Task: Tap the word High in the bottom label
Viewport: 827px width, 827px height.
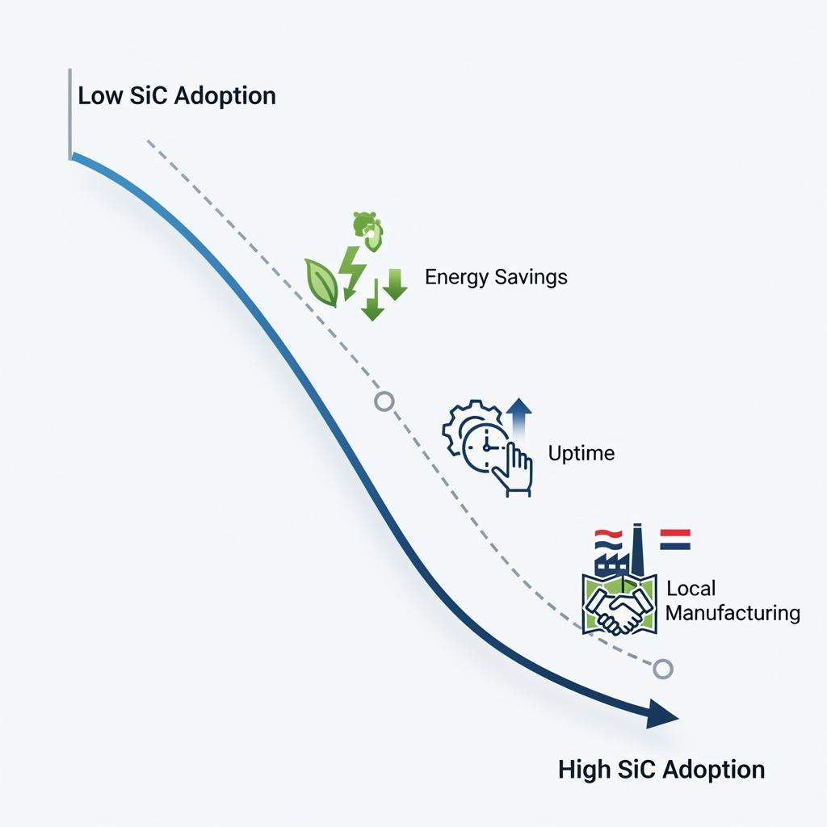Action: pos(584,769)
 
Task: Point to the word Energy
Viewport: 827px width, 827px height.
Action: pos(454,278)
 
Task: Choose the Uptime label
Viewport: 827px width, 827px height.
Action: pos(581,453)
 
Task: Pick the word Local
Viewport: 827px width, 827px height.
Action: pos(691,589)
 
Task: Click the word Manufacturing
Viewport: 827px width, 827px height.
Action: pos(733,613)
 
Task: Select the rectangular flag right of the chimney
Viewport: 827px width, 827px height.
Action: pos(675,539)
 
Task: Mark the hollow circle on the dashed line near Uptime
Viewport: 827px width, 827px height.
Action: pos(384,401)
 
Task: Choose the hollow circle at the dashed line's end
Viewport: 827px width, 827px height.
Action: pos(662,668)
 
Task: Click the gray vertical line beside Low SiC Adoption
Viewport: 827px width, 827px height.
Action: pos(70,118)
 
